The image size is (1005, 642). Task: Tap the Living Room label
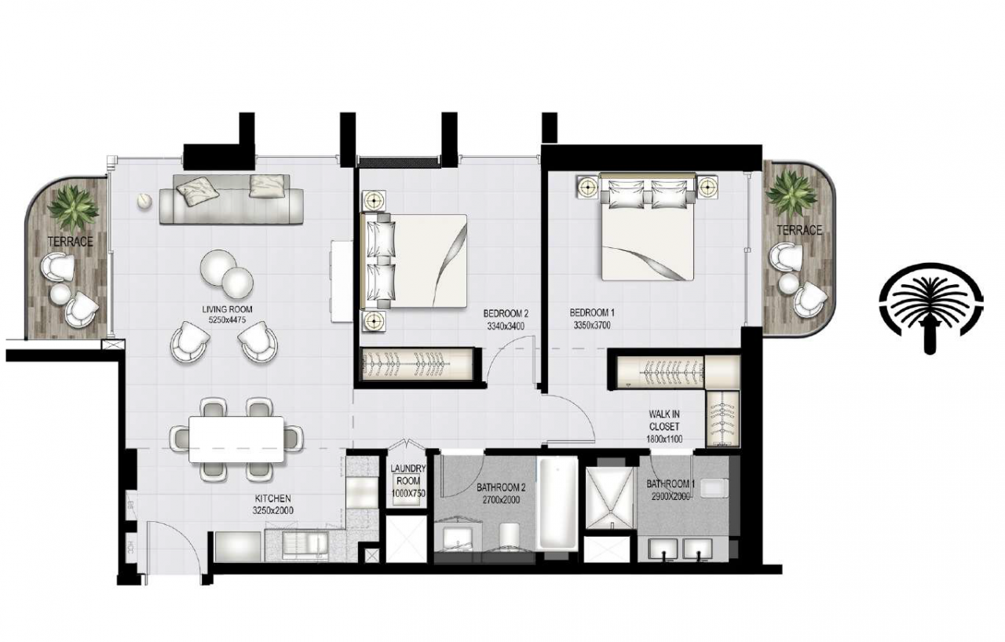tap(226, 309)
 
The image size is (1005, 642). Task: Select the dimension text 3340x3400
tap(505, 326)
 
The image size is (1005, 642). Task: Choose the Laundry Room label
tap(407, 475)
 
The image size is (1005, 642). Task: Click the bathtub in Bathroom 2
tap(557, 502)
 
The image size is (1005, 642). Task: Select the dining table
tap(237, 440)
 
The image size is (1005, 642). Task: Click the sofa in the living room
tap(232, 199)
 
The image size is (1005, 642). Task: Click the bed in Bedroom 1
tap(647, 232)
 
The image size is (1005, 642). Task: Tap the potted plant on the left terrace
tap(73, 206)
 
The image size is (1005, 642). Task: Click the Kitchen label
tap(273, 498)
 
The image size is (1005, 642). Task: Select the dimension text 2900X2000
tap(669, 497)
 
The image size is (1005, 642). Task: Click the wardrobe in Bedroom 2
tap(416, 366)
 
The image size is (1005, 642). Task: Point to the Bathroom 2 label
tap(501, 487)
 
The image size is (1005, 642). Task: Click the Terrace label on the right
tap(799, 230)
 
